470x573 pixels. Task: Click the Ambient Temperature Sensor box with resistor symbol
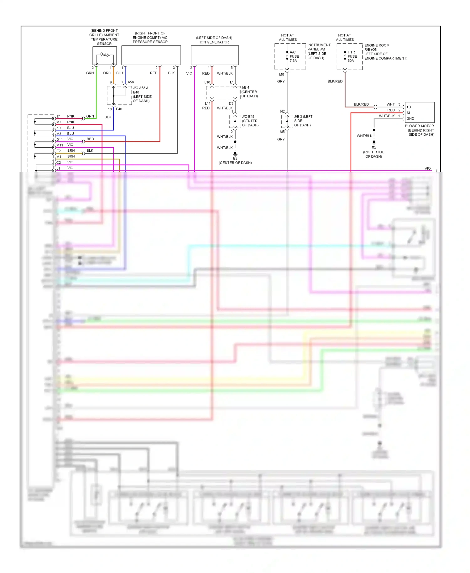coord(105,55)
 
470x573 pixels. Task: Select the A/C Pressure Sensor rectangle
coord(151,55)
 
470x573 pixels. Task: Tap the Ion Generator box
coord(215,55)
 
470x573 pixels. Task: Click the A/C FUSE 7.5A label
coord(294,56)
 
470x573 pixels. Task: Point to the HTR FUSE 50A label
coord(352,56)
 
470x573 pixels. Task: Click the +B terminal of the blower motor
coord(409,107)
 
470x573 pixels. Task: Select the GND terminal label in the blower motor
coord(410,118)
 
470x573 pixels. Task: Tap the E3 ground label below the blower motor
coord(373,148)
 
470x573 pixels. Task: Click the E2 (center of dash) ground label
coord(235,158)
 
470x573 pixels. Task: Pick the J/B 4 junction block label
coord(245,87)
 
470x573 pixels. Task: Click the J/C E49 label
coord(248,117)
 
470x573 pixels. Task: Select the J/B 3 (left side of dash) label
coord(303,117)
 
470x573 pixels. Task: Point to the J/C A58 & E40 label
coord(141,88)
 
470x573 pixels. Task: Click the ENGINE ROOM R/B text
coord(377,45)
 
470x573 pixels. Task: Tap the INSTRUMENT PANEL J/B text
coord(319,47)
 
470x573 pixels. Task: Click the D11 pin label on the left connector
coord(60,139)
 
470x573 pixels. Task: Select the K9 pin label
coord(59,128)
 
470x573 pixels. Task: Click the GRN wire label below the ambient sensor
coord(90,73)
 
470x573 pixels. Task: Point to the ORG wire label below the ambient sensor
coord(107,73)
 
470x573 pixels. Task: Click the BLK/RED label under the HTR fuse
coord(335,81)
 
